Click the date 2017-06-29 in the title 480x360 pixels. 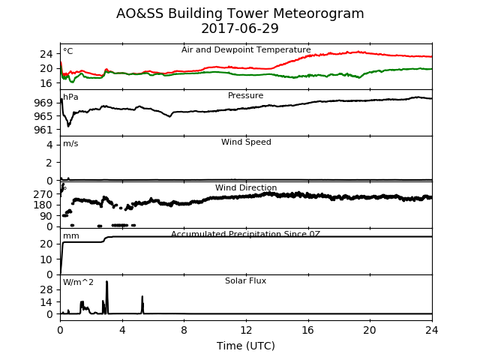pyautogui.click(x=240, y=28)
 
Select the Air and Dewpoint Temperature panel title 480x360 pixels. pyautogui.click(x=246, y=50)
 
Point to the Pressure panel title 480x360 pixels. pyautogui.click(x=245, y=95)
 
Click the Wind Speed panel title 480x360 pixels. pyautogui.click(x=246, y=142)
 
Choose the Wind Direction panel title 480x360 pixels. pyautogui.click(x=246, y=187)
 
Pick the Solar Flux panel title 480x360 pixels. pyautogui.click(x=245, y=280)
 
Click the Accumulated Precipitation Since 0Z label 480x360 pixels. pyautogui.click(x=245, y=234)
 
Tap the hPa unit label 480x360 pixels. pyautogui.click(x=70, y=97)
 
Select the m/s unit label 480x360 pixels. pyautogui.click(x=70, y=143)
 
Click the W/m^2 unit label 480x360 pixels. pyautogui.click(x=78, y=282)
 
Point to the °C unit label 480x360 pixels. pyautogui.click(x=68, y=51)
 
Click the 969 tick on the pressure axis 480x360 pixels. pyautogui.click(x=43, y=103)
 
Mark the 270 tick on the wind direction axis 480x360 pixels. pyautogui.click(x=43, y=194)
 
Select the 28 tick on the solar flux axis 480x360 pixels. pyautogui.click(x=46, y=289)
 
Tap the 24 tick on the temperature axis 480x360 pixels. pyautogui.click(x=46, y=54)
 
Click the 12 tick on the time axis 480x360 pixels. pyautogui.click(x=246, y=330)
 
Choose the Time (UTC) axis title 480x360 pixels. pyautogui.click(x=246, y=346)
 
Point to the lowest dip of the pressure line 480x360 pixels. pyautogui.click(x=68, y=125)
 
